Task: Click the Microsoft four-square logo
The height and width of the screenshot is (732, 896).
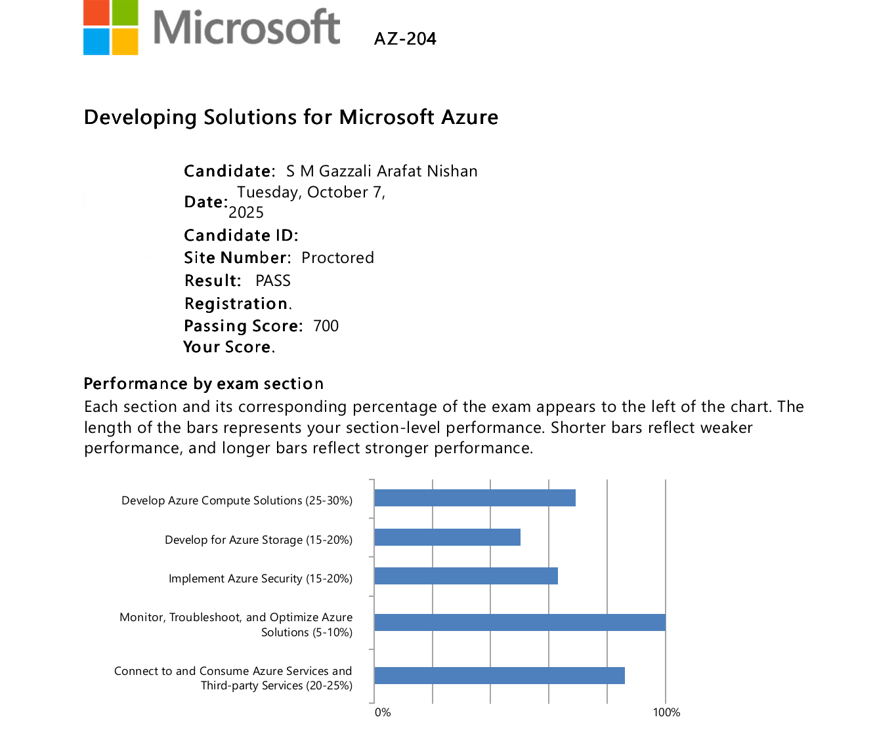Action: pos(111,28)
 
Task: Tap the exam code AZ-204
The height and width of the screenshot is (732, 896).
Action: pos(405,39)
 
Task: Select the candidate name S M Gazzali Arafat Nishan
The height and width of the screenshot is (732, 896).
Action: pos(381,171)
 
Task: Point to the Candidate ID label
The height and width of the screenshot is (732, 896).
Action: pos(241,235)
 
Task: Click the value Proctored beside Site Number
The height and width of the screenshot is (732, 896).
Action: pos(337,258)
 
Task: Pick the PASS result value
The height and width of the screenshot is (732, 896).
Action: pos(273,281)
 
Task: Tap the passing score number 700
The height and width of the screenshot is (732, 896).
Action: pos(326,326)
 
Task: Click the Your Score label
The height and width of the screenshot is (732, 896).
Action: pos(228,347)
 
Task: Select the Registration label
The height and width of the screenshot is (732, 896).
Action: pos(237,304)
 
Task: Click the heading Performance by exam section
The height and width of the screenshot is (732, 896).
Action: pos(203,384)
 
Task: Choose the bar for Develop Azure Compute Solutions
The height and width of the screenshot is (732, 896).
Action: pos(475,498)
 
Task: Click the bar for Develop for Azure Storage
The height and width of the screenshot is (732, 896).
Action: pos(447,537)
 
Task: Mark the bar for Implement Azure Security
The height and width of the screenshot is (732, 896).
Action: pos(466,576)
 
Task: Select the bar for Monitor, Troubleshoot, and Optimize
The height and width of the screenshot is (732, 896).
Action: pos(519,622)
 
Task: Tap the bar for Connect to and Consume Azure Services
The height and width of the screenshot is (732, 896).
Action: pos(499,676)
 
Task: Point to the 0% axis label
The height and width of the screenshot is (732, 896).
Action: pos(383,712)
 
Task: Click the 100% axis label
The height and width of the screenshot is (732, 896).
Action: pos(666,712)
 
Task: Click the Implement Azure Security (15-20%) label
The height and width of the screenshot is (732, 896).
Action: pos(261,579)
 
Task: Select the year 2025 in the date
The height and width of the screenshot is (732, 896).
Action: pos(246,213)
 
